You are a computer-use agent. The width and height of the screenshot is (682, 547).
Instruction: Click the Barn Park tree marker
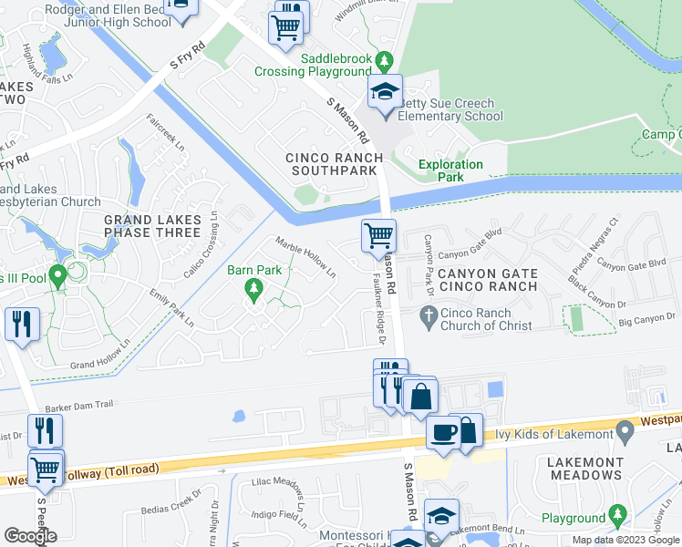click(254, 290)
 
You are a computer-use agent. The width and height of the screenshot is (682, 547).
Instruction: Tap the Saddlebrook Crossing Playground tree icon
click(385, 61)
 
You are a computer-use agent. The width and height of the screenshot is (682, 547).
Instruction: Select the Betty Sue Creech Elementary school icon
click(385, 92)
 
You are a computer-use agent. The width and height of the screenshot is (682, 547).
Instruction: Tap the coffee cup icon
click(444, 433)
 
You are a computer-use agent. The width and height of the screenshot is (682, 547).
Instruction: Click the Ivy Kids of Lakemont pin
click(625, 428)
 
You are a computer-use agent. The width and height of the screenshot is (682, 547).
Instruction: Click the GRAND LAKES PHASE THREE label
click(151, 226)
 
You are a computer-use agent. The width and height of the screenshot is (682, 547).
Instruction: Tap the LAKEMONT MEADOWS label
click(585, 469)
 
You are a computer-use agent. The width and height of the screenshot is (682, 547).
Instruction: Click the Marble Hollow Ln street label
click(306, 257)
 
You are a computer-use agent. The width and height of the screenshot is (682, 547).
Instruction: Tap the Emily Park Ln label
click(171, 308)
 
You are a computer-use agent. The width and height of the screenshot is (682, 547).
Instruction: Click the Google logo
click(31, 536)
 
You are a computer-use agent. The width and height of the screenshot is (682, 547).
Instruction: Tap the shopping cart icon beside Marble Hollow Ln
click(378, 236)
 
